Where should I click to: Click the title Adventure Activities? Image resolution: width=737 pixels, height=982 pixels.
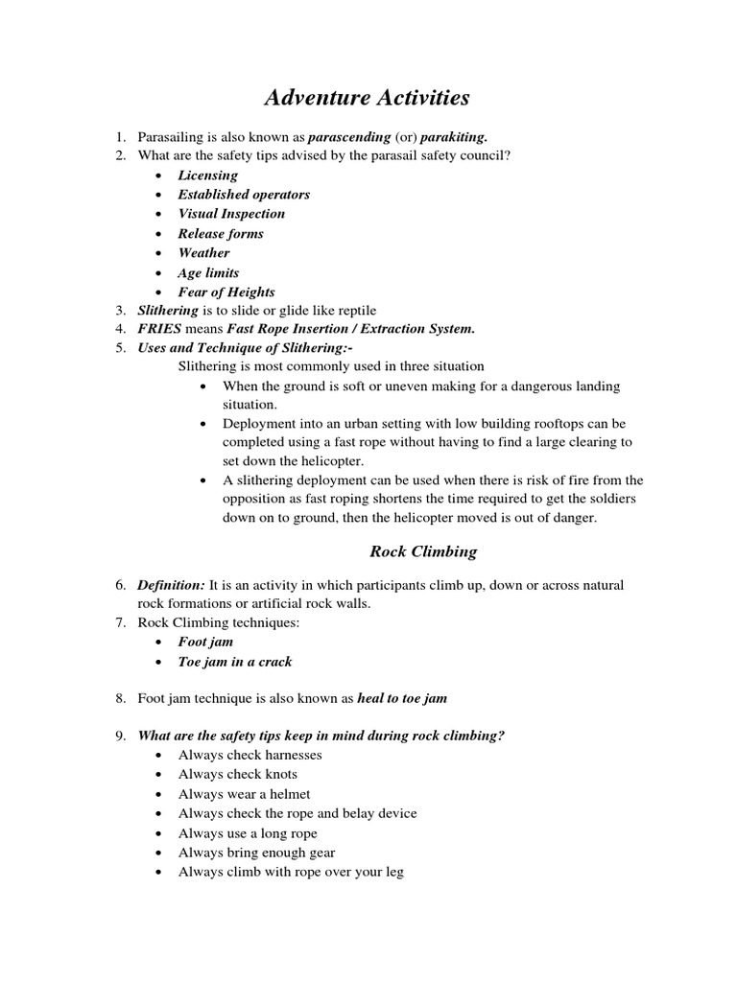coord(368,97)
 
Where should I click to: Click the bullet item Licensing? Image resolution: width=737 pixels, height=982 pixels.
coord(207,175)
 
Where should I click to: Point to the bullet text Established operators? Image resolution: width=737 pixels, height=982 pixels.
coord(244,194)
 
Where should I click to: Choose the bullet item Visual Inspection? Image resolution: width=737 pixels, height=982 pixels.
coord(231,214)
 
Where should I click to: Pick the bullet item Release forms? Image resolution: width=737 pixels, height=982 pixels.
coord(221,233)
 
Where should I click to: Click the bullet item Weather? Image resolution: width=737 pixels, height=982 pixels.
coord(203,253)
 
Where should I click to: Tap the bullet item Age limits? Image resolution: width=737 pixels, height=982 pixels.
coord(208,272)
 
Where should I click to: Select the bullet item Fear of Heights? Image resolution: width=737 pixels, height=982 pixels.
coord(226,292)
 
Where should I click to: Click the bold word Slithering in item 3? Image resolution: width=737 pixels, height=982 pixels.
coord(168,311)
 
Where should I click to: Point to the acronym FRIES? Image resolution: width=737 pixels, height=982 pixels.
coord(158,330)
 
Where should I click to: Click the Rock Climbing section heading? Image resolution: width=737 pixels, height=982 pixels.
coord(423,551)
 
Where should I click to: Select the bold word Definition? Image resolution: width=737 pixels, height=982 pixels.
coord(171,584)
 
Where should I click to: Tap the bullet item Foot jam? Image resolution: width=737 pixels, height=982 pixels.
coord(205,642)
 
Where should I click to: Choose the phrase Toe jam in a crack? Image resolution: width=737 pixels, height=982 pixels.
coord(235,662)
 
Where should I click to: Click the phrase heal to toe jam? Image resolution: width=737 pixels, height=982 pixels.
coord(402,699)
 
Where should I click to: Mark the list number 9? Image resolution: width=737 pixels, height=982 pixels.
coord(121,736)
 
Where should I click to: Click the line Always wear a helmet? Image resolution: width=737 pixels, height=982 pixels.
coord(244,794)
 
